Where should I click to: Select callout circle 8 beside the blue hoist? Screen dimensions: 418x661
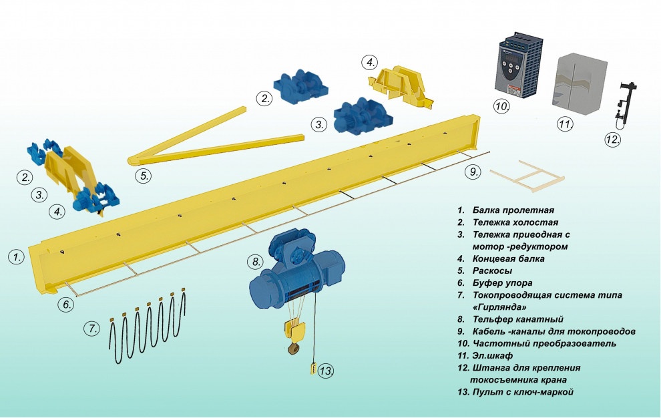point(255,261)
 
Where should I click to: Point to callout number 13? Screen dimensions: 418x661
point(325,371)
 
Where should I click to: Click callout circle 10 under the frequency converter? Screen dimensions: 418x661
point(502,106)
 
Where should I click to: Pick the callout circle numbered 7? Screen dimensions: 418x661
point(91,329)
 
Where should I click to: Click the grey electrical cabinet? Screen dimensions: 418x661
point(582,82)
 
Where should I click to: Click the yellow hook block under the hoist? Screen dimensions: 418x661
point(293,330)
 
